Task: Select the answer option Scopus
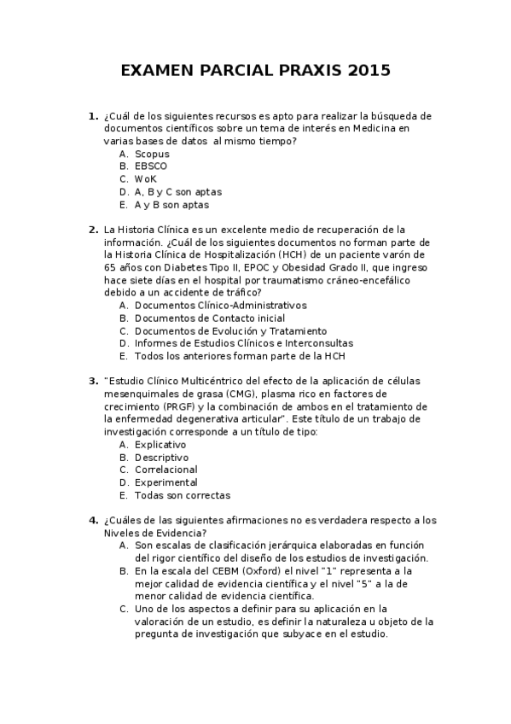tap(152, 154)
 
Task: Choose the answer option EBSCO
tap(151, 166)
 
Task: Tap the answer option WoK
tap(146, 179)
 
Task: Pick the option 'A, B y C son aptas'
tap(178, 192)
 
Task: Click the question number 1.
tap(92, 116)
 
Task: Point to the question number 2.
tap(92, 230)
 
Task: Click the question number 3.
tap(92, 381)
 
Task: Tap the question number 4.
tap(92, 519)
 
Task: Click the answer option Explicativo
tap(160, 444)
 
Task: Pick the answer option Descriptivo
tap(162, 457)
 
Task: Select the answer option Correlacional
tap(166, 470)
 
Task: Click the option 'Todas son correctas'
tap(183, 495)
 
